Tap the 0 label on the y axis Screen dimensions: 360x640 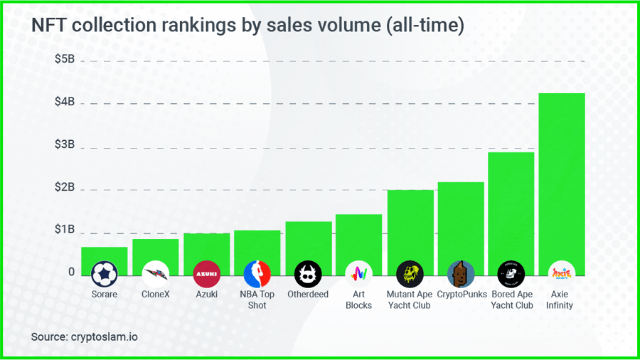tap(71, 272)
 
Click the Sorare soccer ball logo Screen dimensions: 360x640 tap(105, 273)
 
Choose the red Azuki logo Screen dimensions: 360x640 tap(206, 273)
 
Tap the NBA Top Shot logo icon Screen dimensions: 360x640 tap(257, 273)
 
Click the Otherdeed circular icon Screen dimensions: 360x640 tap(308, 273)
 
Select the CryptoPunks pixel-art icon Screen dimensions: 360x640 tap(461, 273)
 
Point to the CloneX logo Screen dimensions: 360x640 tap(156, 273)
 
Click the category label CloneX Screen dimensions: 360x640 tap(156, 294)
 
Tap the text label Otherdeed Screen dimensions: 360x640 tap(308, 294)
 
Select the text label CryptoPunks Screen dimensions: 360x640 tap(461, 294)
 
